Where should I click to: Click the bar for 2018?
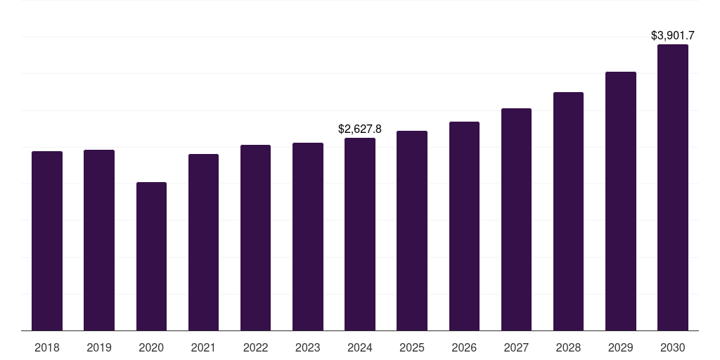47,240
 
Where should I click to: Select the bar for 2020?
151,256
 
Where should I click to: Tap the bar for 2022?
255,238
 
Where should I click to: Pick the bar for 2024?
360,234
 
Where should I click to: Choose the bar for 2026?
464,226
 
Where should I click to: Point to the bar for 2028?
568,211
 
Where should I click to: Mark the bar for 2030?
673,187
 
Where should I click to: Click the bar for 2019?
99,240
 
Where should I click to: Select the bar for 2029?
621,201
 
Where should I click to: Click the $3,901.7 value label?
673,35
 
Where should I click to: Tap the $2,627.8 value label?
360,129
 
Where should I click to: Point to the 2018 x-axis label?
47,347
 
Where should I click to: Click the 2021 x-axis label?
203,347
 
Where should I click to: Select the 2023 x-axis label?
308,347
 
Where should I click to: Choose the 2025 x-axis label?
412,347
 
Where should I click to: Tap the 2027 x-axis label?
516,347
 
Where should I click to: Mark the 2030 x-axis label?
673,347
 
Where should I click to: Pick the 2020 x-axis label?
151,347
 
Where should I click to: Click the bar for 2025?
412,231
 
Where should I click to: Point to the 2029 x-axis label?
621,347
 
